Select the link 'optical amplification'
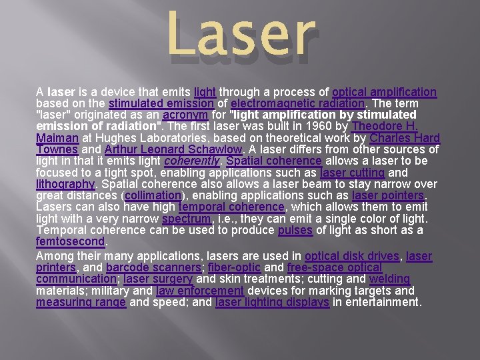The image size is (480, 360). (384, 92)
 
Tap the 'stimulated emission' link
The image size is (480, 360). (161, 103)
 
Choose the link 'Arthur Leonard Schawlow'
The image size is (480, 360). (173, 150)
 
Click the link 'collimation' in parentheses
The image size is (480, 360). (153, 196)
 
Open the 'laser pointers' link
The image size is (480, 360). (387, 196)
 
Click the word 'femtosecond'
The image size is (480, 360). (70, 242)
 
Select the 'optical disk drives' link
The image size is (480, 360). (352, 256)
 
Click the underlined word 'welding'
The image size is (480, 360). (389, 279)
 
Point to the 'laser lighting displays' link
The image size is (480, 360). (273, 302)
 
